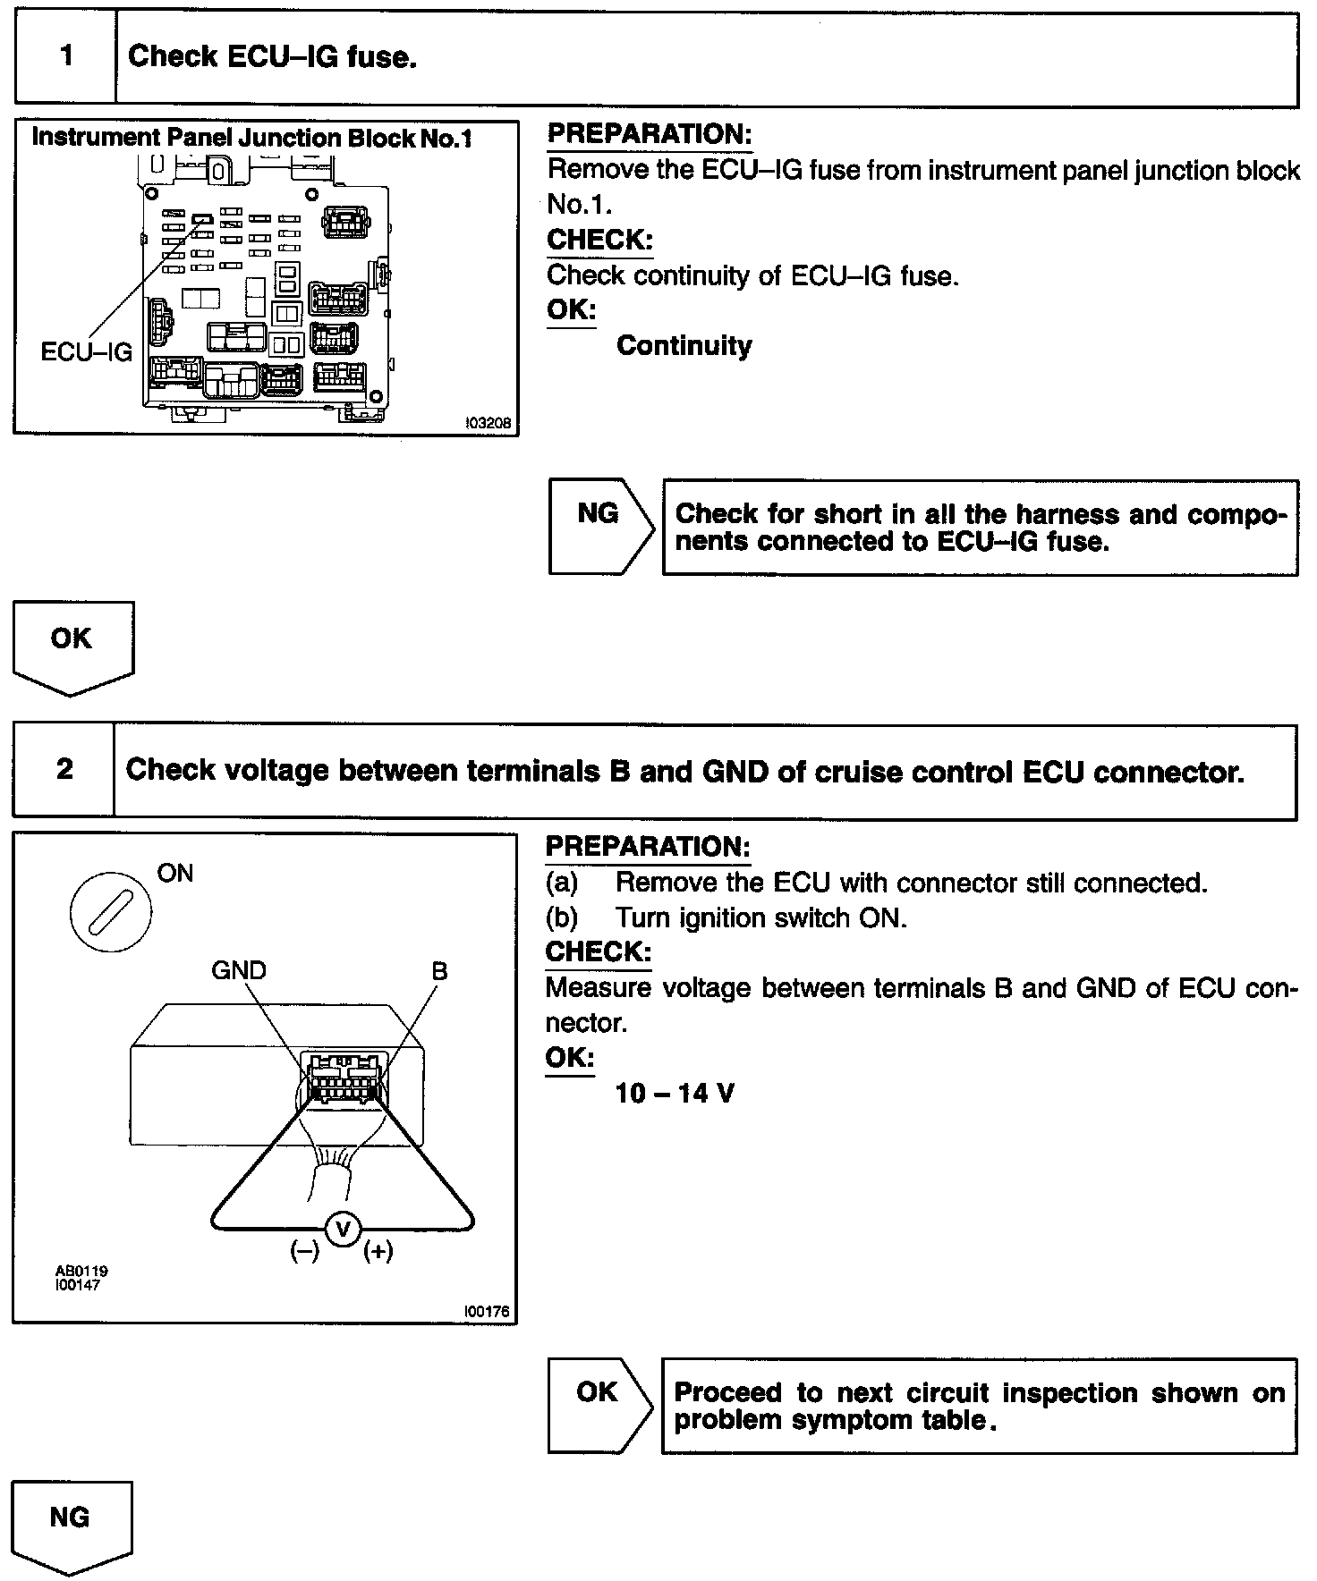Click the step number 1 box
click(x=66, y=57)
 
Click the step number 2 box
click(x=64, y=770)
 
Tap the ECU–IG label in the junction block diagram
click(x=86, y=351)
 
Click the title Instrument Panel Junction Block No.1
click(x=251, y=138)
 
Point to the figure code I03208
click(x=488, y=423)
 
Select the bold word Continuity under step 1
click(x=684, y=346)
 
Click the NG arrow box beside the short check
click(x=599, y=526)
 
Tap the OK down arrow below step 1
click(x=72, y=646)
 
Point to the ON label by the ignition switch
click(x=174, y=873)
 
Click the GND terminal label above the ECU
click(x=238, y=970)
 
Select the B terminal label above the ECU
click(x=439, y=971)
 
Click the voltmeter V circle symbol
click(x=342, y=1230)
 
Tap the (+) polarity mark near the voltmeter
click(x=378, y=1251)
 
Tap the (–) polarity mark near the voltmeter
click(x=304, y=1251)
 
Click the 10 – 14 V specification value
click(x=675, y=1093)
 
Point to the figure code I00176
click(x=486, y=1312)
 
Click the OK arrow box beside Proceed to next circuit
click(x=598, y=1404)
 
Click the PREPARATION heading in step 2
click(x=648, y=847)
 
